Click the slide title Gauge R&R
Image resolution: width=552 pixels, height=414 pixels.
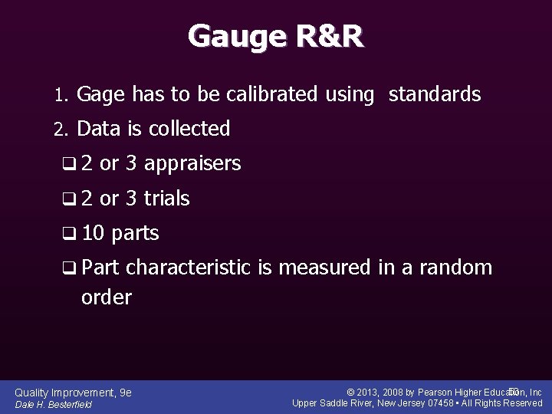276,36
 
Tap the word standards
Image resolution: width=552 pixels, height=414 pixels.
435,95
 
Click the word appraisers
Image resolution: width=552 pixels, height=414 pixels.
192,164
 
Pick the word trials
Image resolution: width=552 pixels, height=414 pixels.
166,199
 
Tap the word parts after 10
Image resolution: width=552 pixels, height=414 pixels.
135,234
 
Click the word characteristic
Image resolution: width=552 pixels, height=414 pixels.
188,268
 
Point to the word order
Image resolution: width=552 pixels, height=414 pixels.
106,297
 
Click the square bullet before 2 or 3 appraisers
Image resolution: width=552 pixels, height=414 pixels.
70,164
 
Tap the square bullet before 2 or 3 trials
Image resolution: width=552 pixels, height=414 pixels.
70,199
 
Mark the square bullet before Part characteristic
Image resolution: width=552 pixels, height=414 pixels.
70,268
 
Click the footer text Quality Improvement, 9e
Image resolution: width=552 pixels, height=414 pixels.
74,393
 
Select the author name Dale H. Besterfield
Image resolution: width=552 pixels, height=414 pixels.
54,405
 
